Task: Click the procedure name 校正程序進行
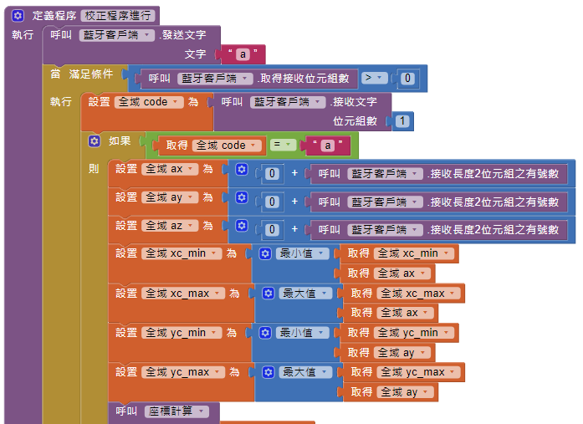[118, 16]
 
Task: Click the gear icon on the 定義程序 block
[17, 16]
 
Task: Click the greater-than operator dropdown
[374, 78]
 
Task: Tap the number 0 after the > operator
[407, 78]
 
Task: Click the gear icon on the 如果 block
[95, 141]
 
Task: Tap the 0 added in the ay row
[272, 202]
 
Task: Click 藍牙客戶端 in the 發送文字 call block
[118, 35]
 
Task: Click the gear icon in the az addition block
[242, 227]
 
